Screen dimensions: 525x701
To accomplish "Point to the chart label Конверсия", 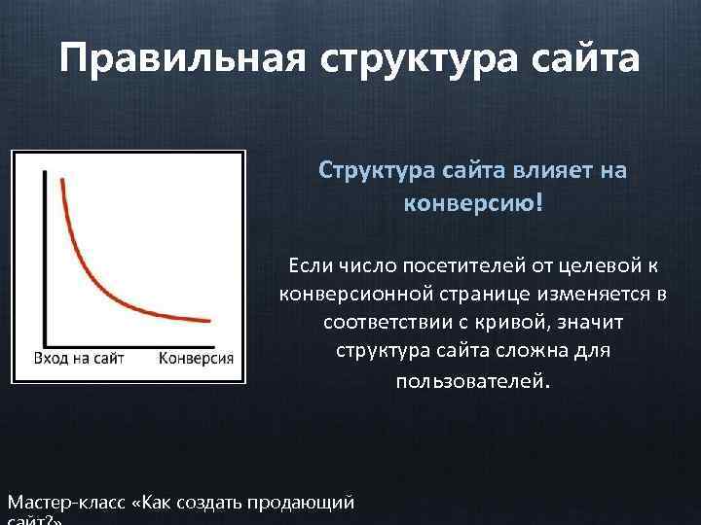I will (x=196, y=357).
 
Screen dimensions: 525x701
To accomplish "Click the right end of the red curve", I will (x=209, y=320).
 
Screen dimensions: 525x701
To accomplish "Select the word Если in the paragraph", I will (x=307, y=264).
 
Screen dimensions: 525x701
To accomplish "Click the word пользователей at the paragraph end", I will (x=470, y=381).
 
